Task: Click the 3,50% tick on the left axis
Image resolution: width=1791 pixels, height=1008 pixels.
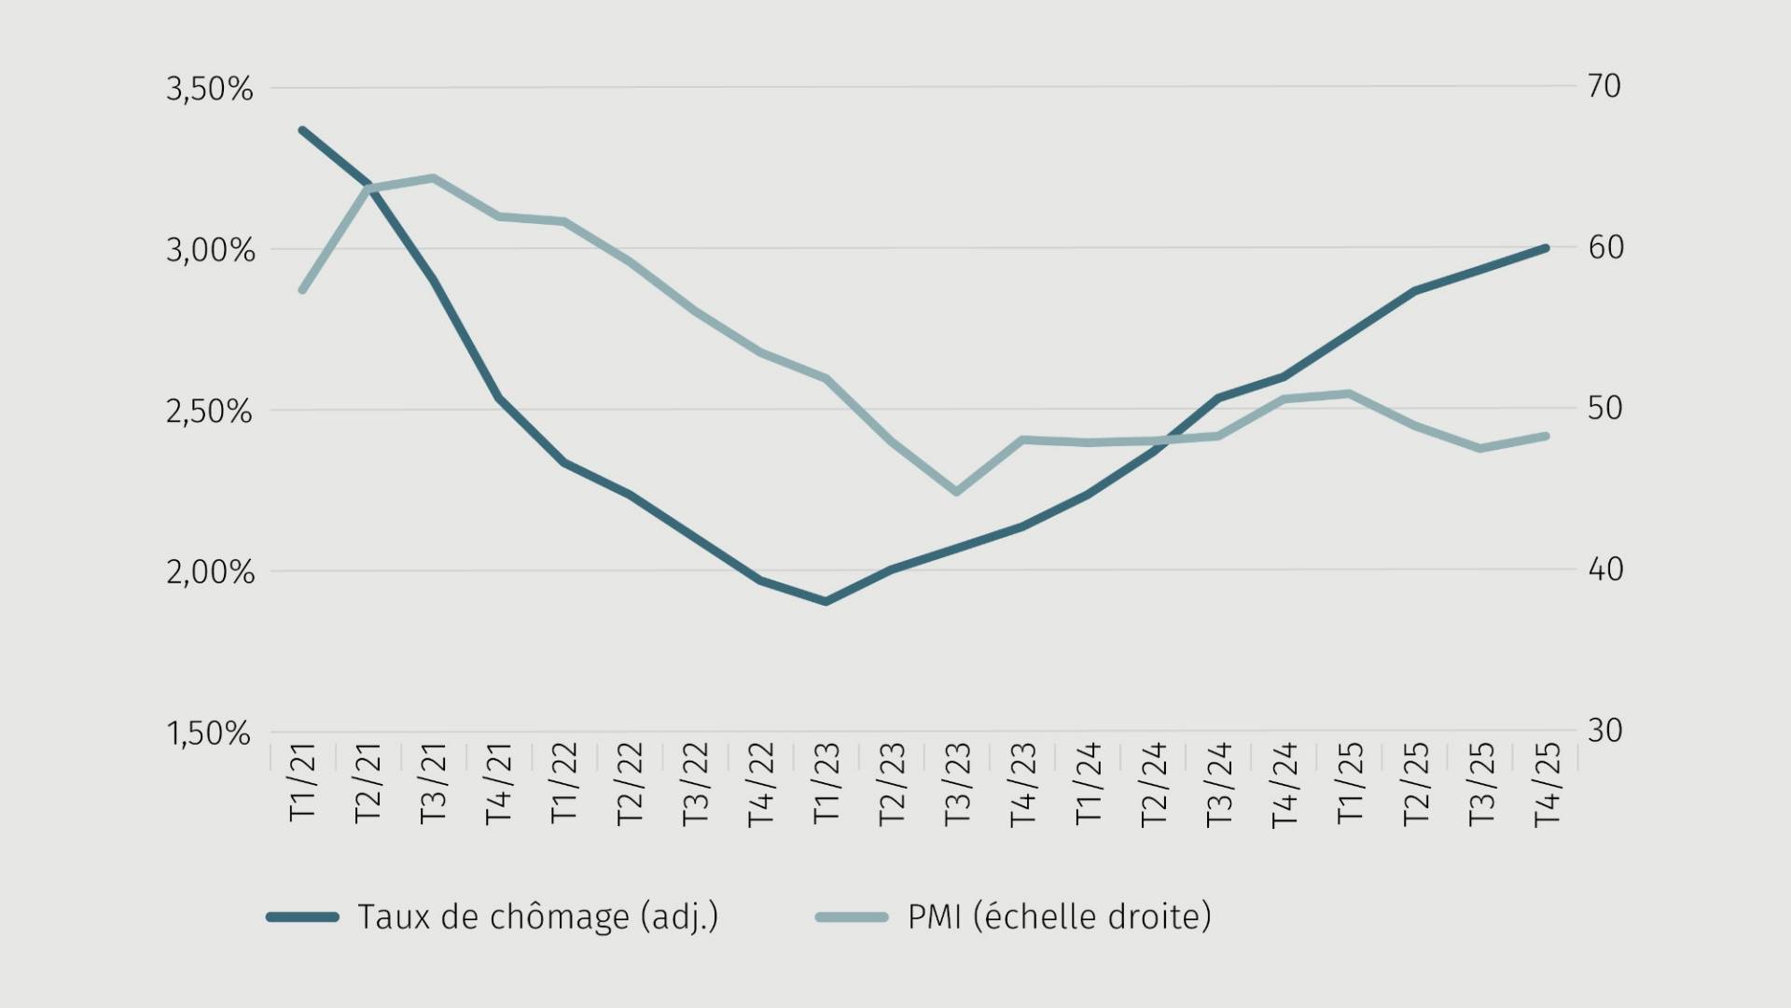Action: point(210,90)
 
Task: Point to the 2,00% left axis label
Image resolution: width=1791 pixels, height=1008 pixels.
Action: point(210,572)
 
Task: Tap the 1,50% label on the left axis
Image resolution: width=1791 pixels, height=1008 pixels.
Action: point(210,734)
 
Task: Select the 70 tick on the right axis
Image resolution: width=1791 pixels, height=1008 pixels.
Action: point(1604,86)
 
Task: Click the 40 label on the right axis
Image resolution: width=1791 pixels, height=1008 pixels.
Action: point(1605,569)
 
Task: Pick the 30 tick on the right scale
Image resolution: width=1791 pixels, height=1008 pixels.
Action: point(1605,731)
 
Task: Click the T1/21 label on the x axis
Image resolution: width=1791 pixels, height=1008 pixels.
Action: point(303,782)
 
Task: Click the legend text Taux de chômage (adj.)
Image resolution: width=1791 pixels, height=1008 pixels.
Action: point(538,917)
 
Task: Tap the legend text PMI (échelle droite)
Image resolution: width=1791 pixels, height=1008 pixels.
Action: point(1060,917)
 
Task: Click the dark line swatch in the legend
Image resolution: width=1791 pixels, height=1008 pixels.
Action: point(303,917)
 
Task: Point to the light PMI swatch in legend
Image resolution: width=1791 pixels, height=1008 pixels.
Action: point(852,917)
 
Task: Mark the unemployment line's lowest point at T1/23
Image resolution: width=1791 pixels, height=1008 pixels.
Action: point(826,601)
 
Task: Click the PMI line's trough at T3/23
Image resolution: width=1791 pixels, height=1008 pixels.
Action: point(957,491)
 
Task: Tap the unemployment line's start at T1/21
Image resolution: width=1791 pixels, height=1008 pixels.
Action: point(302,131)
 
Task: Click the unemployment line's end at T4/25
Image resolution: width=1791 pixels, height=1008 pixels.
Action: point(1546,248)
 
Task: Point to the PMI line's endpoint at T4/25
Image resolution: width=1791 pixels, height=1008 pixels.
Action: point(1546,436)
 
